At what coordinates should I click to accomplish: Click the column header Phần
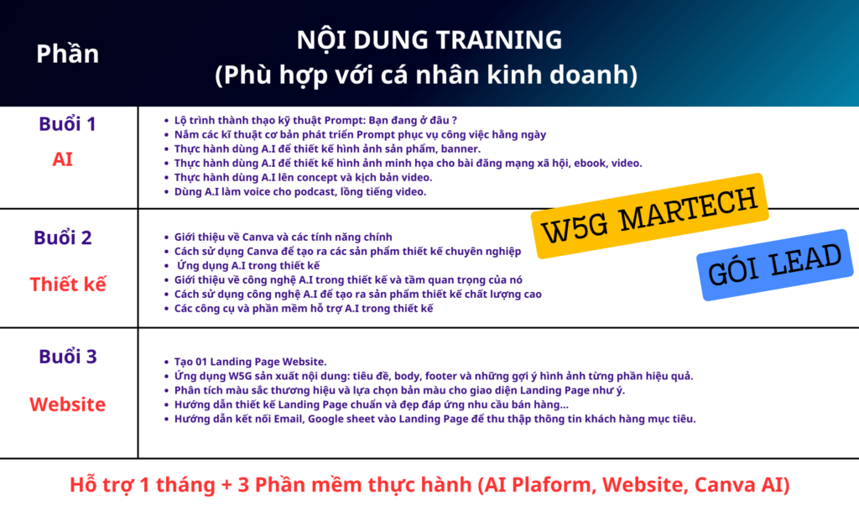pos(67,54)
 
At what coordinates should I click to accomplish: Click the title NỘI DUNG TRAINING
pos(429,40)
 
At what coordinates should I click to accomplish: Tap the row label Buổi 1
pos(67,124)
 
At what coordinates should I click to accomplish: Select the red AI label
pos(62,159)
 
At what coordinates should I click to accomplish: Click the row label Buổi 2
pos(62,238)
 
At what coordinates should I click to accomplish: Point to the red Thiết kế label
pos(67,284)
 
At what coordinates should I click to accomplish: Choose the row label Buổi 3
pos(67,357)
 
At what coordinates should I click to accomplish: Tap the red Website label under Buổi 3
pos(67,404)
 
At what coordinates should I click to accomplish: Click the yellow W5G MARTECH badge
pos(650,216)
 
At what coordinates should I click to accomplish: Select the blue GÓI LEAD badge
pos(774,265)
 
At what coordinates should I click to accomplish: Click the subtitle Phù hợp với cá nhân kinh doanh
pos(426,75)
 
